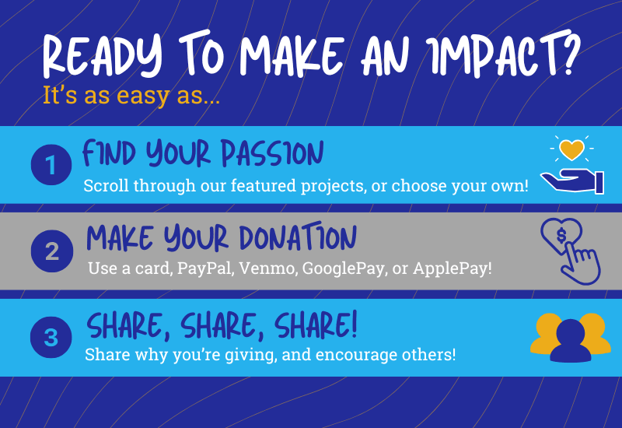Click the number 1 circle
51,165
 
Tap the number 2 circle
51,251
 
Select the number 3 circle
51,338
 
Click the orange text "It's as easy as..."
131,99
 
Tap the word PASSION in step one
271,153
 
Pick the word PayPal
202,269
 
